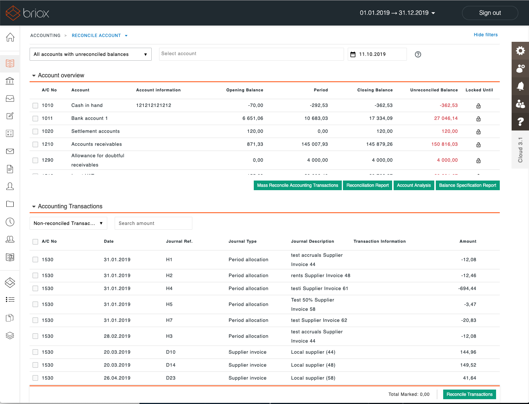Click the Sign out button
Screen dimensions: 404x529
pos(490,13)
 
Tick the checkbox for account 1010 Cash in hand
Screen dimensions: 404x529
pos(36,105)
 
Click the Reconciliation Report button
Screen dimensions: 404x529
pos(367,185)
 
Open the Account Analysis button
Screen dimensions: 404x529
pos(414,185)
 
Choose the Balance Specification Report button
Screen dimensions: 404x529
pos(467,185)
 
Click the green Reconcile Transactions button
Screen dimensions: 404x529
pos(469,394)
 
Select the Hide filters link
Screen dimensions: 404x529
pos(485,35)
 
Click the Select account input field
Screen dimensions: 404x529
pos(252,54)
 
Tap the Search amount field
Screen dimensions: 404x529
pos(153,223)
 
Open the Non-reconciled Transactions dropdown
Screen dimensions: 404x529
pos(68,223)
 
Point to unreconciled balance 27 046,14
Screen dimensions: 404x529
pos(445,118)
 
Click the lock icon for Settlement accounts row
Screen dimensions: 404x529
pos(478,132)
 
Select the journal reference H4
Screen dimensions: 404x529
pos(169,289)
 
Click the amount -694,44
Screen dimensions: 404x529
pos(467,289)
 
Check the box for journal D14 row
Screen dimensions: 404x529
pos(36,365)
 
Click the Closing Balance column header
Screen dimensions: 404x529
pos(375,90)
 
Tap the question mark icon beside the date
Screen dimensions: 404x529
pos(418,54)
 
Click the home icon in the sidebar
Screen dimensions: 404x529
pos(10,37)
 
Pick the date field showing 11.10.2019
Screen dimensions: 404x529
pos(377,54)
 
